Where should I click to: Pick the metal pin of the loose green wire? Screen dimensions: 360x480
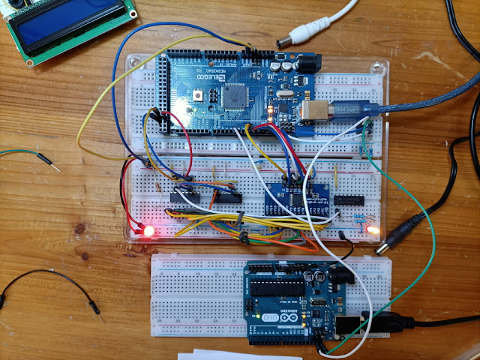[45, 160]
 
